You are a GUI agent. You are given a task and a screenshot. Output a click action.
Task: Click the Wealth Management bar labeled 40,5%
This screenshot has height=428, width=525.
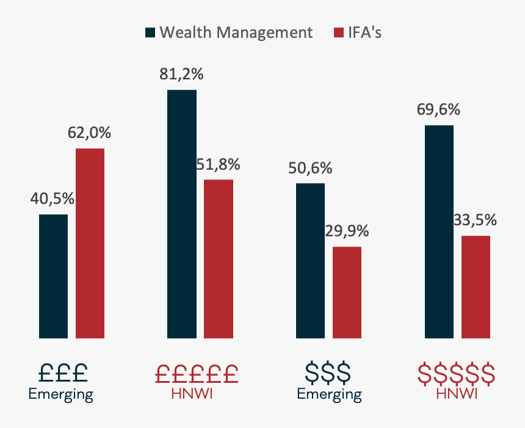pyautogui.click(x=53, y=276)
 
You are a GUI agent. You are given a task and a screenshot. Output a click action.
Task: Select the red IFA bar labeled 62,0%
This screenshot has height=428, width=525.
pyautogui.click(x=90, y=243)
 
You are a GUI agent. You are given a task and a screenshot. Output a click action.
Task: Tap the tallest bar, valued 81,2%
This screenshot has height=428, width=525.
pyautogui.click(x=182, y=214)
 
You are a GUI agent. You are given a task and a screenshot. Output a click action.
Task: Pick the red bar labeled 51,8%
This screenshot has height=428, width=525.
pyautogui.click(x=219, y=258)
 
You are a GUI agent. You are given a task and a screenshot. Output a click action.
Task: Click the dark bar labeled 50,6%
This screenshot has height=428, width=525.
pyautogui.click(x=310, y=260)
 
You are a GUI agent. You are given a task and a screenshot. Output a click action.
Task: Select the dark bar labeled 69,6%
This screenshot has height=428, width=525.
pyautogui.click(x=439, y=231)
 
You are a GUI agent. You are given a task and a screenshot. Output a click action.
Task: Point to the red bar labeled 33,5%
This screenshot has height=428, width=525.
pyautogui.click(x=476, y=286)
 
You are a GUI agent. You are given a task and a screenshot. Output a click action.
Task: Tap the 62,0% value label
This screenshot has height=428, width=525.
pyautogui.click(x=90, y=133)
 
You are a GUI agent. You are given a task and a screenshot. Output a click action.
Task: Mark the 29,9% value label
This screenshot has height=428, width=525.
pyautogui.click(x=347, y=231)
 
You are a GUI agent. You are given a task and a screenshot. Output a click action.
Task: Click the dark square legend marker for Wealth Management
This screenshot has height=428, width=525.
pyautogui.click(x=150, y=32)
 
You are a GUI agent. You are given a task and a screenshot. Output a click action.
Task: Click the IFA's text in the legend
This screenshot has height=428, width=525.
pyautogui.click(x=364, y=32)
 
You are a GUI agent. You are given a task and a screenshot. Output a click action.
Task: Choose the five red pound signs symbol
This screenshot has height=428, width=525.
pyautogui.click(x=195, y=372)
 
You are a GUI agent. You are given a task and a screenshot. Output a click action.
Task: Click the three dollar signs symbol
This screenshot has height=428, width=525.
pyautogui.click(x=328, y=372)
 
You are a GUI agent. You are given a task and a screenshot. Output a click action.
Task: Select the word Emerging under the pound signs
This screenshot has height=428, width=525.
pyautogui.click(x=61, y=394)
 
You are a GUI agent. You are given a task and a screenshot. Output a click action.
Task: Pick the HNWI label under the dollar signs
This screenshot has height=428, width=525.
pyautogui.click(x=457, y=394)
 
